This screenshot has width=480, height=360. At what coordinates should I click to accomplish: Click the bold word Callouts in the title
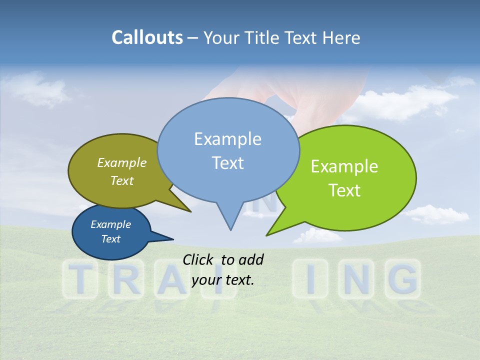[147, 37]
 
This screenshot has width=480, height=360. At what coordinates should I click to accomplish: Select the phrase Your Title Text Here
[281, 37]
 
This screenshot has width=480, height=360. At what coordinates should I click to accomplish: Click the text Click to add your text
[223, 269]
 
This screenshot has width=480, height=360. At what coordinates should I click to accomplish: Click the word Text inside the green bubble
[345, 190]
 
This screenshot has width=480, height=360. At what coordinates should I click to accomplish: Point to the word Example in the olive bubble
[121, 163]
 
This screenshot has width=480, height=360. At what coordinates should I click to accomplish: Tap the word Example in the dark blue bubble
[110, 224]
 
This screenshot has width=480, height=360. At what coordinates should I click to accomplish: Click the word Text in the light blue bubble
[228, 163]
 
